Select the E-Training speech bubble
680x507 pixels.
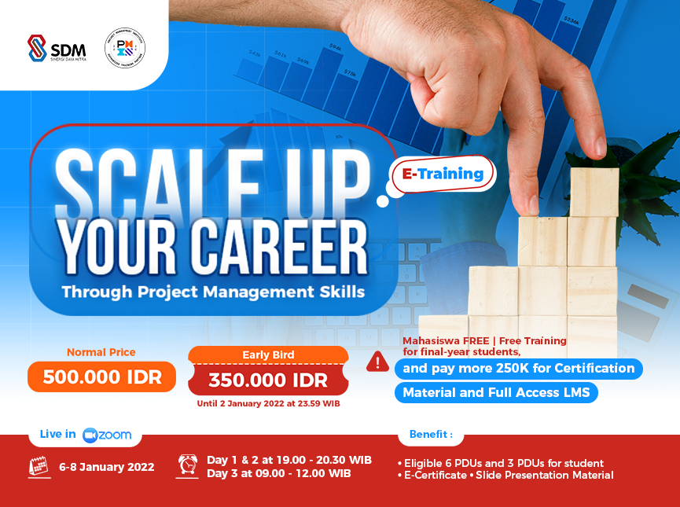pos(443,174)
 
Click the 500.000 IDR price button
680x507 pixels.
pos(102,377)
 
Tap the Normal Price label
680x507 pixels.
pos(101,352)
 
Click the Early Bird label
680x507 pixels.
pos(267,355)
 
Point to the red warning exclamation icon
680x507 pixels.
pos(378,361)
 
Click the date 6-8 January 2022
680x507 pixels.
pos(107,467)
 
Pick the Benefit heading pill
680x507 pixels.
pos(431,434)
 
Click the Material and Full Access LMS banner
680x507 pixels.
pos(496,392)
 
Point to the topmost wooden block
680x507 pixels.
pos(594,192)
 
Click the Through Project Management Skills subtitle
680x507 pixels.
pos(213,292)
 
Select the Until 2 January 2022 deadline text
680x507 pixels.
pos(267,403)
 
